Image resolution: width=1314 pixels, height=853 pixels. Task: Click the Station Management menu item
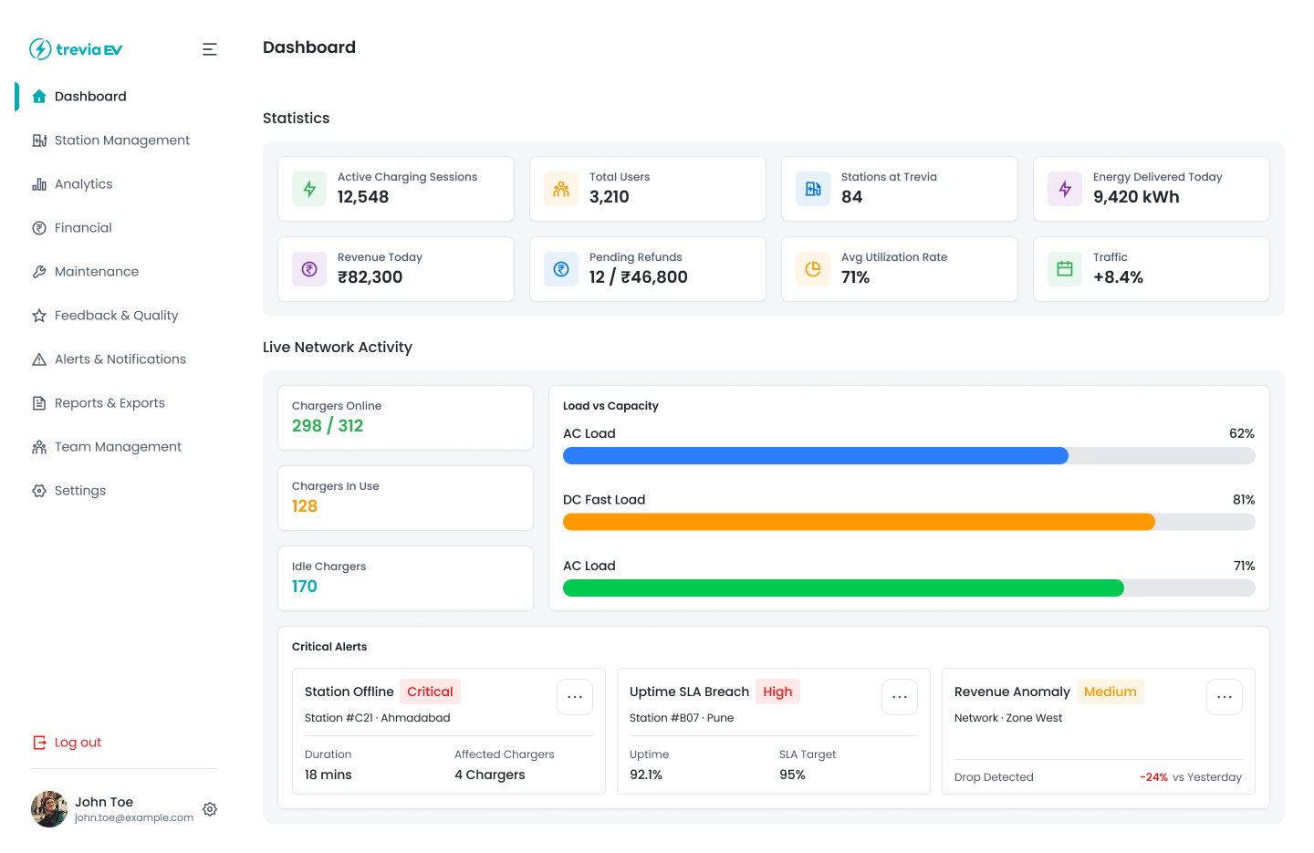121,140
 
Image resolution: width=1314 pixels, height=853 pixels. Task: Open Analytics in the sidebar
83,184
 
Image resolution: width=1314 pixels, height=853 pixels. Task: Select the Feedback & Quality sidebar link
116,316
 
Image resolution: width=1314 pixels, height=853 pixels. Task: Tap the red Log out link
78,743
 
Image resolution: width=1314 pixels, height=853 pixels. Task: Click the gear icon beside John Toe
210,809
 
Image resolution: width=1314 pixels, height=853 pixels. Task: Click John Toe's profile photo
49,809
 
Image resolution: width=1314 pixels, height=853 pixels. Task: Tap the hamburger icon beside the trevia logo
210,49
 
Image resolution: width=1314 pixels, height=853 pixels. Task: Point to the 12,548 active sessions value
363,197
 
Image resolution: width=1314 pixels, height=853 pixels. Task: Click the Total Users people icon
561,189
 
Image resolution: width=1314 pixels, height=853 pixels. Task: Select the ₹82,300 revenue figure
370,277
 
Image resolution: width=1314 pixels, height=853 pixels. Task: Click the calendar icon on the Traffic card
1065,269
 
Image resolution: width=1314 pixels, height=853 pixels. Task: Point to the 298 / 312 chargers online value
328,426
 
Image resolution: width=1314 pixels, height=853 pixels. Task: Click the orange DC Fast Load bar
858,522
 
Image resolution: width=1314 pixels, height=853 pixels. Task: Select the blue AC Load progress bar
815,456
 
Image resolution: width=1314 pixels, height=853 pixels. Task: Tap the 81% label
1244,500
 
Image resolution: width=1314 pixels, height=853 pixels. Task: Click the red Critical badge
430,692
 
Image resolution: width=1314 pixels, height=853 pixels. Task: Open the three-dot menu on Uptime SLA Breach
900,697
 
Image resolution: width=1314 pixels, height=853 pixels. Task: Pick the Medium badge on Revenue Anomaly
1110,692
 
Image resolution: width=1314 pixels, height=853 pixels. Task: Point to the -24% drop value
1153,777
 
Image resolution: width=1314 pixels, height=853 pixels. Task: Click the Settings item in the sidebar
80,491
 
